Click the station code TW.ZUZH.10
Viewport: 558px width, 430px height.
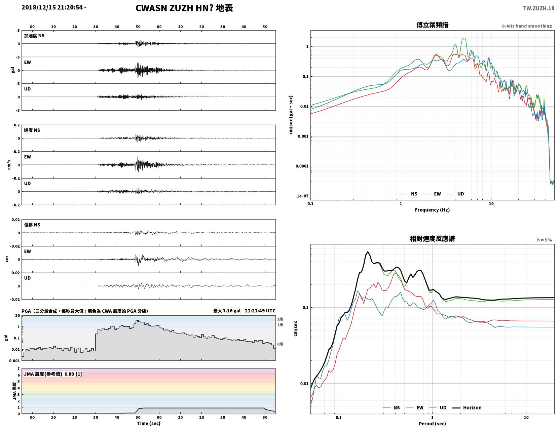(538, 8)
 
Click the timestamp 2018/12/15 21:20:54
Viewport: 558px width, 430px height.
(52, 7)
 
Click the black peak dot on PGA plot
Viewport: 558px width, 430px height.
(138, 321)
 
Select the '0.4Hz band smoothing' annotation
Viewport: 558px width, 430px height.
(527, 26)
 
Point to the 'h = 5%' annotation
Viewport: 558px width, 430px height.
(544, 240)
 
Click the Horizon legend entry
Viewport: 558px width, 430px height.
(467, 407)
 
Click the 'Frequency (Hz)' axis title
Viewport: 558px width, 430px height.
(432, 209)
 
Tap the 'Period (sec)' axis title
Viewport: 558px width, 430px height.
(432, 424)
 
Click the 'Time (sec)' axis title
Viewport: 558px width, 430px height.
(148, 423)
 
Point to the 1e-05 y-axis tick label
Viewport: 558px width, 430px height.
(302, 196)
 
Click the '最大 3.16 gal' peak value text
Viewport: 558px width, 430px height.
(227, 311)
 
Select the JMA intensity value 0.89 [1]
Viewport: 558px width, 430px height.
(73, 374)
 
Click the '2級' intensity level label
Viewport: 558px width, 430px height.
(280, 319)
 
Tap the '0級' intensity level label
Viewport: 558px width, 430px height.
(280, 344)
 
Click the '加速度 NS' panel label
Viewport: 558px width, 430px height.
(34, 36)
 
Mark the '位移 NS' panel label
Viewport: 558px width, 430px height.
(32, 225)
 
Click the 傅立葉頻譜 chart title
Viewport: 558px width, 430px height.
(432, 25)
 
